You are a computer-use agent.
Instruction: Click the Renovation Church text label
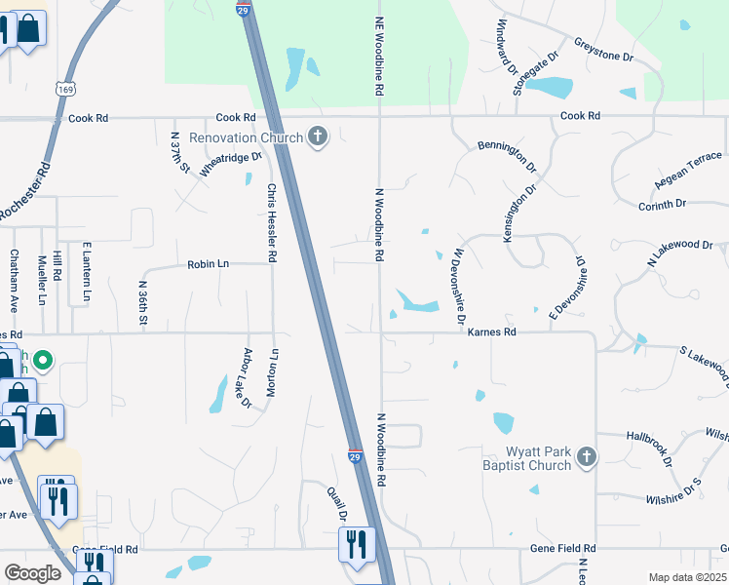tap(247, 137)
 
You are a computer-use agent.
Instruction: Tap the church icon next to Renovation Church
tap(317, 137)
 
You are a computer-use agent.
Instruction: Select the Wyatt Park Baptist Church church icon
tap(586, 457)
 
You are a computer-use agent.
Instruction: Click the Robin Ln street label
tap(208, 264)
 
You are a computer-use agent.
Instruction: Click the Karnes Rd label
tap(491, 332)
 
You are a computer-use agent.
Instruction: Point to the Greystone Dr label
tap(604, 51)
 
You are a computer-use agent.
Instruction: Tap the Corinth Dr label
tap(690, 205)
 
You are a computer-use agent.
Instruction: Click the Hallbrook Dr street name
tap(650, 448)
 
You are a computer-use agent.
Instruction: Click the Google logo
tap(32, 573)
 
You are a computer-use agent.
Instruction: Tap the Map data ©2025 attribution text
tap(686, 577)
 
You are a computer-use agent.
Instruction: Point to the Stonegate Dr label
tap(539, 68)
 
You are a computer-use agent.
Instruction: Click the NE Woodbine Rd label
tap(379, 55)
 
